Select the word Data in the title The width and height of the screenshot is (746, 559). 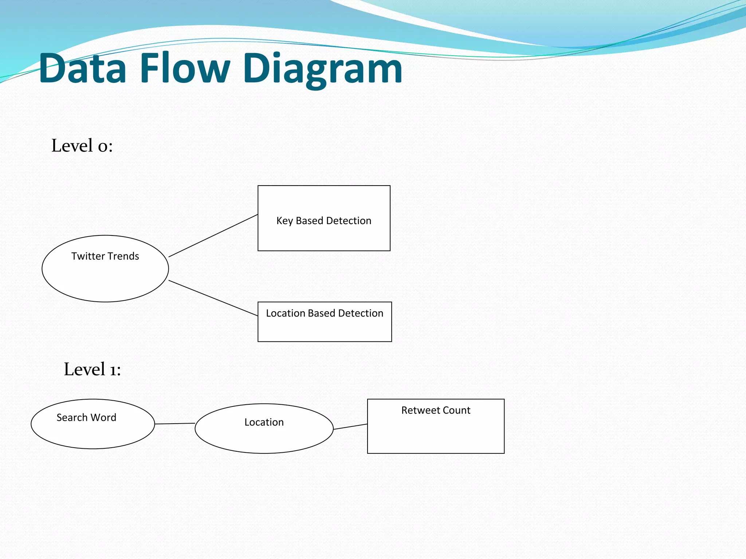point(83,68)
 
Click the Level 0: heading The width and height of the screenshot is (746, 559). point(82,146)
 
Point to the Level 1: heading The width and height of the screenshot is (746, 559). point(92,369)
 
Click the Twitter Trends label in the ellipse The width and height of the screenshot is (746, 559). point(105,256)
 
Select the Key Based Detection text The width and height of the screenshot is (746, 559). point(323,221)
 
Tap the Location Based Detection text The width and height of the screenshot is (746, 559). point(324,313)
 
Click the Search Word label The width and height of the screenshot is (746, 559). point(86,417)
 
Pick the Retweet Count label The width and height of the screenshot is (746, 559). point(436,410)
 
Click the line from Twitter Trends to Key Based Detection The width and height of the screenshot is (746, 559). point(213,236)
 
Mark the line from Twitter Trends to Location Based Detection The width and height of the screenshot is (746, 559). point(213,298)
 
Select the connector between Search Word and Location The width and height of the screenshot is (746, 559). point(175,424)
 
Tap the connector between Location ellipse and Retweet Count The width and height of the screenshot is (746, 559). point(350,427)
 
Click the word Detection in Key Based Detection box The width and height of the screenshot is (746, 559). point(349,221)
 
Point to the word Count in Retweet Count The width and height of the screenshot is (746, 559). point(456,410)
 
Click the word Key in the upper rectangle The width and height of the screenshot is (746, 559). point(284,221)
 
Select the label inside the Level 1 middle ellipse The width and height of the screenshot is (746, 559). point(264,422)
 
